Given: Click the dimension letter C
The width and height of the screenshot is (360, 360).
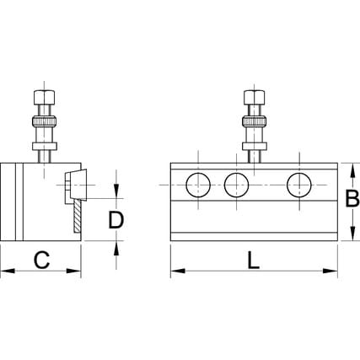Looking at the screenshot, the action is (41, 260).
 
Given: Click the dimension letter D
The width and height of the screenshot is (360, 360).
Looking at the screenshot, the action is (116, 220).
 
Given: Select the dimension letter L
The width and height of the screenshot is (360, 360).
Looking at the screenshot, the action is (254, 261).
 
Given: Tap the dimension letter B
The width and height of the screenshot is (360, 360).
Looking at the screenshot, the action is (352, 199).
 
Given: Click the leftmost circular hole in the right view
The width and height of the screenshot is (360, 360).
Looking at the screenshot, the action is (198, 185).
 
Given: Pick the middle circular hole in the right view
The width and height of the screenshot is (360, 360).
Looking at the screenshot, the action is (236, 185).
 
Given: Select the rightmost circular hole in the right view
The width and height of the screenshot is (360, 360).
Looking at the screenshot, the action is (299, 185).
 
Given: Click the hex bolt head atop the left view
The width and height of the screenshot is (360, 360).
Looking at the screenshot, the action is (44, 97).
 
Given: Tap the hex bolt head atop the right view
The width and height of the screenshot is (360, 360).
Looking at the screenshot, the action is (254, 97).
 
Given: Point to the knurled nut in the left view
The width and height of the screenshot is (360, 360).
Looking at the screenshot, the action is (45, 121).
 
